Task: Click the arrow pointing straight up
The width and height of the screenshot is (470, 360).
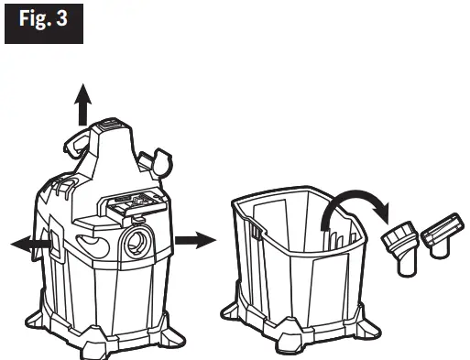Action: pos(83,104)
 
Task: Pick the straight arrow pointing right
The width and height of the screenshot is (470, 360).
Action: pos(195,240)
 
